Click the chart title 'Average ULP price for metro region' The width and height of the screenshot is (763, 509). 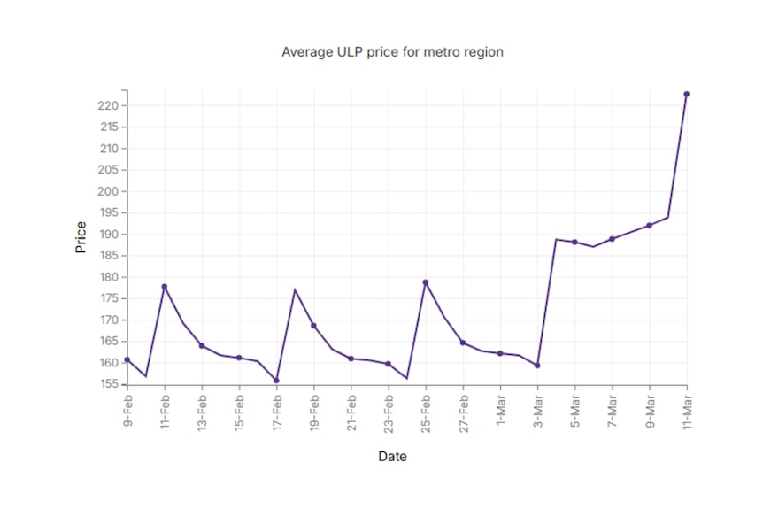pyautogui.click(x=392, y=52)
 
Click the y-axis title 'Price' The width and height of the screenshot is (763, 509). pyautogui.click(x=81, y=237)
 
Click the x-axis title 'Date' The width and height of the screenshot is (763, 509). pyautogui.click(x=392, y=457)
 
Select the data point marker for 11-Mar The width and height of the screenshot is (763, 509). pyautogui.click(x=687, y=94)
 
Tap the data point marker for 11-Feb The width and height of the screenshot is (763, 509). pyautogui.click(x=165, y=287)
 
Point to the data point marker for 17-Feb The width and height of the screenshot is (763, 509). pyautogui.click(x=276, y=381)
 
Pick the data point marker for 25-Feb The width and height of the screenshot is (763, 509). pyautogui.click(x=426, y=282)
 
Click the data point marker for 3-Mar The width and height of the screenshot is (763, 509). pyautogui.click(x=537, y=366)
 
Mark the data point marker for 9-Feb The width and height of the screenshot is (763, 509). pyautogui.click(x=127, y=359)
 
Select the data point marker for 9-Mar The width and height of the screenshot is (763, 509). pyautogui.click(x=650, y=226)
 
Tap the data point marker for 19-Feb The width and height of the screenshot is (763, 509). pyautogui.click(x=313, y=326)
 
